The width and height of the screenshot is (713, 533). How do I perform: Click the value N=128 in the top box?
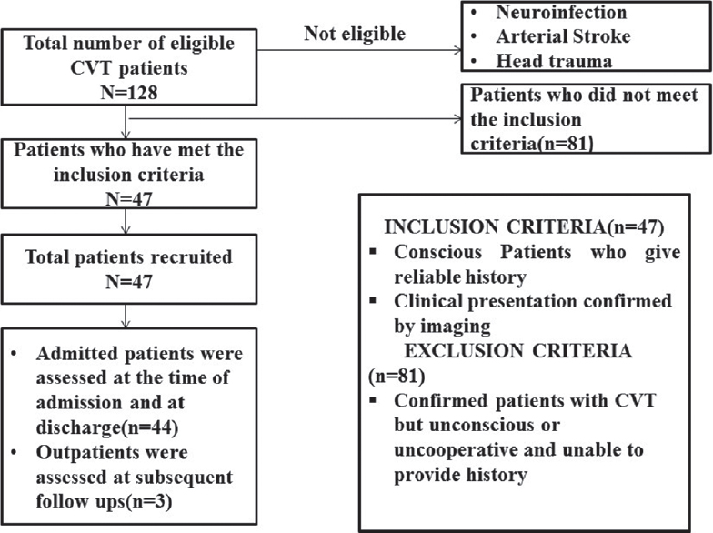click(x=129, y=93)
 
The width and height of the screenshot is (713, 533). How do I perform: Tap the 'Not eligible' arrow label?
click(x=355, y=34)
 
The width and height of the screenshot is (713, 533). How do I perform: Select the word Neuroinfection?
click(x=561, y=13)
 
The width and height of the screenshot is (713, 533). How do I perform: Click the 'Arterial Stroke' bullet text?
click(x=563, y=36)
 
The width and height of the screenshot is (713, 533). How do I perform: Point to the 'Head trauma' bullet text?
click(x=554, y=61)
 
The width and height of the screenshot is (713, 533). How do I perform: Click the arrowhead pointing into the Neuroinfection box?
click(x=458, y=50)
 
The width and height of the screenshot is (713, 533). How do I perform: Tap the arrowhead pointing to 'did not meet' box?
click(x=458, y=119)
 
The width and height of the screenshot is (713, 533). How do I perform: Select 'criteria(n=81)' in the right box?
click(x=532, y=144)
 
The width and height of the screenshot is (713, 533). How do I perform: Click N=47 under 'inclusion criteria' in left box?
click(x=129, y=199)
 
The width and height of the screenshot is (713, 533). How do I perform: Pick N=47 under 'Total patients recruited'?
click(x=129, y=282)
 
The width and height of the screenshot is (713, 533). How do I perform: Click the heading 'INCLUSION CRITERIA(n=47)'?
click(x=524, y=227)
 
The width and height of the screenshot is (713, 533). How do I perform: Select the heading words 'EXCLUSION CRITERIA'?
click(x=518, y=351)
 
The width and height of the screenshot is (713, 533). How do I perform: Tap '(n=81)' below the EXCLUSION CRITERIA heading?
click(x=397, y=377)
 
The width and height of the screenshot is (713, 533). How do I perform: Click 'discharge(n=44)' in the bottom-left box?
click(x=107, y=427)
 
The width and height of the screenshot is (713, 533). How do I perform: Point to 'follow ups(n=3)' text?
click(x=104, y=501)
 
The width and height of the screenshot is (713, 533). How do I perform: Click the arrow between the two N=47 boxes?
click(x=126, y=222)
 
